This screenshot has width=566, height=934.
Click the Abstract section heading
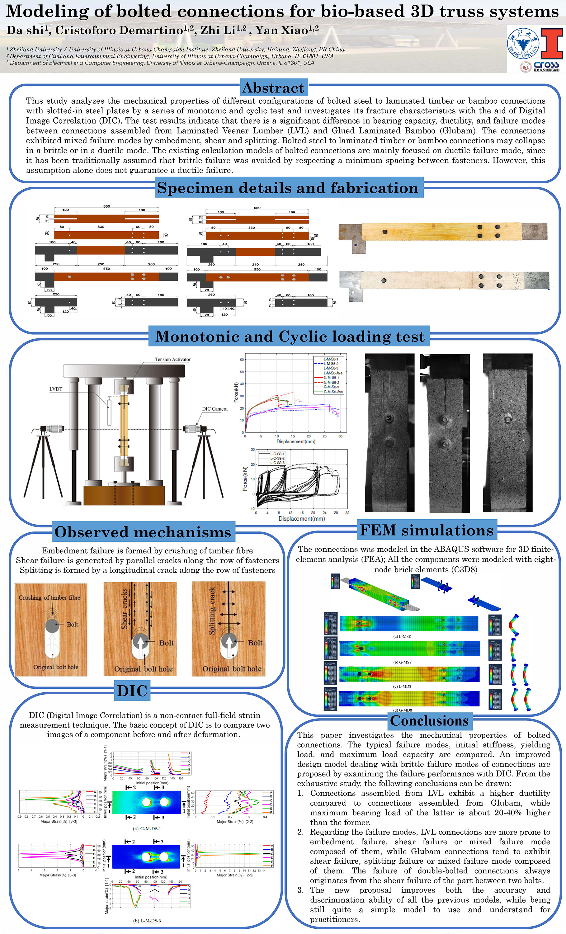point(273,88)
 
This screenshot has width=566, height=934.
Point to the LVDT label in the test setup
point(56,389)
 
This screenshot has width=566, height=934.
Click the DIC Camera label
point(215,408)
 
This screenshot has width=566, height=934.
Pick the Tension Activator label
point(172,359)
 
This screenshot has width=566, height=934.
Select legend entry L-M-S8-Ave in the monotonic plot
point(333,373)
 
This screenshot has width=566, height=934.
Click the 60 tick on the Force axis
point(242,359)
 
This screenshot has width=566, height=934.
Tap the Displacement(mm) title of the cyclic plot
point(301,519)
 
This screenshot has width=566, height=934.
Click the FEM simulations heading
point(427,530)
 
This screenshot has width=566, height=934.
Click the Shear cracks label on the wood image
point(124,608)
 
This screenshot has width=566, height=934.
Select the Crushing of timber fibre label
point(49,597)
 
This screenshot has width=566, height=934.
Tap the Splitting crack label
point(212,610)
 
